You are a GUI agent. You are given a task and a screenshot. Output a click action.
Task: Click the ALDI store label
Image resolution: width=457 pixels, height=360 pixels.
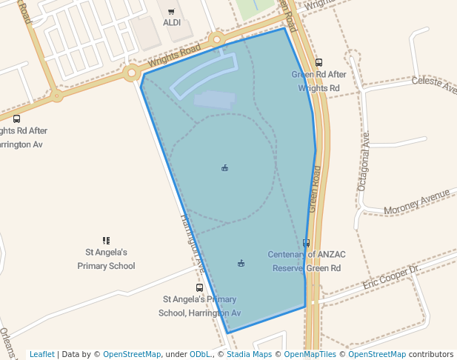(171, 23)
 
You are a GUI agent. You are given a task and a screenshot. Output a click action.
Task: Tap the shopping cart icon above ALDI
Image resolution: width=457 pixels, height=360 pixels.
(171, 12)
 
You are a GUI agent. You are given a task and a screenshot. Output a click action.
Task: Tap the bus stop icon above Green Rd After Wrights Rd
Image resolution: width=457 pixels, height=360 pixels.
(318, 63)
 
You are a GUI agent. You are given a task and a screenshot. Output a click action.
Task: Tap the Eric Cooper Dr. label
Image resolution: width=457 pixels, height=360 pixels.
(391, 277)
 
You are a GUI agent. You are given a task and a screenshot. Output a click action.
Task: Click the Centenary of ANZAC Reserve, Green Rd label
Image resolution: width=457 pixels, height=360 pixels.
(307, 261)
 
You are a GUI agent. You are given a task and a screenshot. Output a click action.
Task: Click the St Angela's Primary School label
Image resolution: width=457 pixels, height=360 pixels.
(106, 259)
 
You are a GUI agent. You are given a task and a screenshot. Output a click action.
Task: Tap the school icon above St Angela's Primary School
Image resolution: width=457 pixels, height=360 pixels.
(106, 241)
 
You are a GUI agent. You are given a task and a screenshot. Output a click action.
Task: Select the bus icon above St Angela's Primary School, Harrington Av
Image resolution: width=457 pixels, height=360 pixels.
(199, 287)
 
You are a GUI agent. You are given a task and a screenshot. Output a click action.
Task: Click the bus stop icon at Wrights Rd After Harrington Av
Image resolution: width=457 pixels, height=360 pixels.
(16, 119)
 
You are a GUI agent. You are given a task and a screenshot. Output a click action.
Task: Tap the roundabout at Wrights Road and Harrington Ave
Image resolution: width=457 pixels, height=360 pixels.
(132, 73)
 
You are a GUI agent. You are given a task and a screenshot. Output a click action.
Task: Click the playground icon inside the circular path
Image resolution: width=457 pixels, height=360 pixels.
(224, 168)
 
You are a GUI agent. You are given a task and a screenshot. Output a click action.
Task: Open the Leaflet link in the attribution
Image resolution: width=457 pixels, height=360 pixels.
(41, 354)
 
